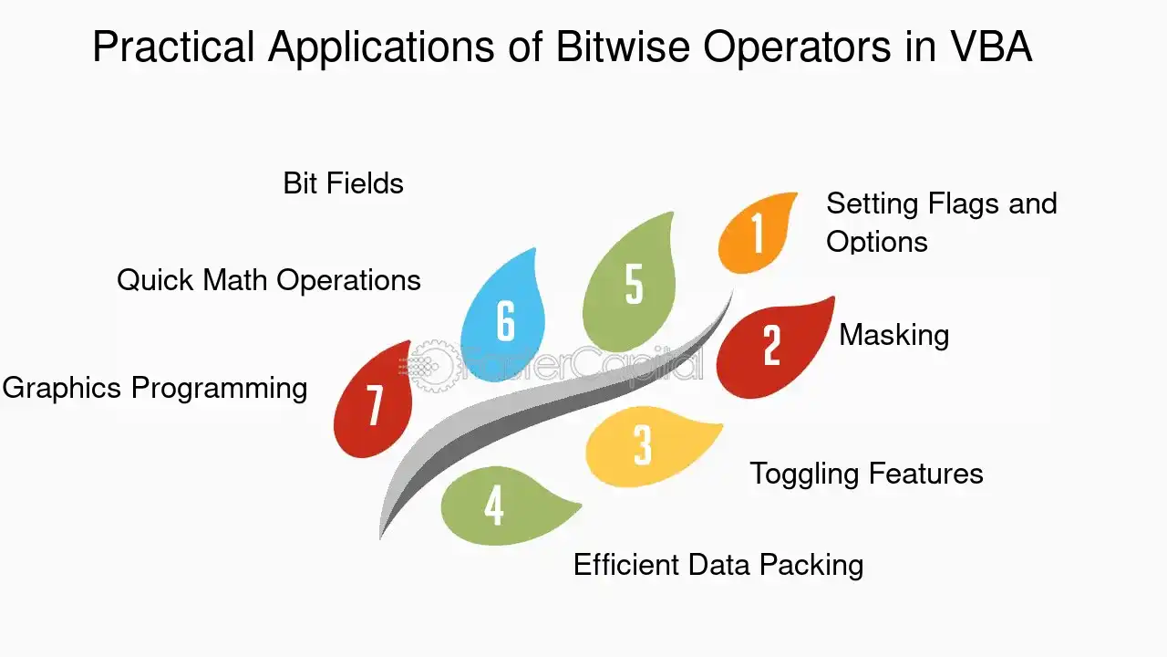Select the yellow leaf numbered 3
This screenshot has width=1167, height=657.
coord(648,446)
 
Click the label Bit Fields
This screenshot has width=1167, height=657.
coord(344,183)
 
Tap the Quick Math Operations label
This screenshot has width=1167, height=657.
coord(269,280)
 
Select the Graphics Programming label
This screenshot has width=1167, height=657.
coord(155,389)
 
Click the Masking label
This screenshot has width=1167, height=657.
coord(894,335)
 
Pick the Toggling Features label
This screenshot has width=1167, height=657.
coord(866,474)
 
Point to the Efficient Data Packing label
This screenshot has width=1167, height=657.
coord(718,565)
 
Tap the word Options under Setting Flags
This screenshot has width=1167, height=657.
coord(877,243)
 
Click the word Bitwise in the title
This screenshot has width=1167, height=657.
coord(623,47)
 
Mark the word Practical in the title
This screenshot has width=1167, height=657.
coord(173,47)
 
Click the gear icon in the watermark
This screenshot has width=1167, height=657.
coord(431,366)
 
